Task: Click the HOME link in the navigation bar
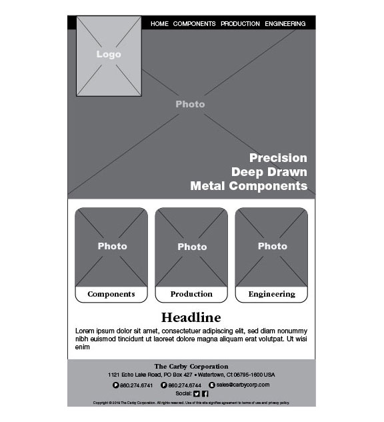[159, 24]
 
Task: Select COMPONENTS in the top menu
[194, 24]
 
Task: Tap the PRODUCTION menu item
[240, 24]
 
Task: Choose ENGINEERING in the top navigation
[285, 24]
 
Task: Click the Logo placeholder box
[109, 55]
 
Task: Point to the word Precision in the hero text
[278, 158]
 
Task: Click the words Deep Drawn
[269, 172]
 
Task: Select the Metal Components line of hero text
[249, 186]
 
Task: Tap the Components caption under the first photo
[111, 294]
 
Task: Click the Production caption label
[191, 294]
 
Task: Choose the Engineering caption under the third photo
[271, 294]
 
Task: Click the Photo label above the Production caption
[192, 247]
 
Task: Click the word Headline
[191, 317]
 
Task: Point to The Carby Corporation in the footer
[191, 366]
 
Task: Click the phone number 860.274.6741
[136, 385]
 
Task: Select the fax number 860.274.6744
[185, 385]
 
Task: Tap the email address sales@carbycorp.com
[243, 385]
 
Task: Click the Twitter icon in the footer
[197, 393]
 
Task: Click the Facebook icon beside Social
[205, 393]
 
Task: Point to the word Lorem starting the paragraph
[84, 331]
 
